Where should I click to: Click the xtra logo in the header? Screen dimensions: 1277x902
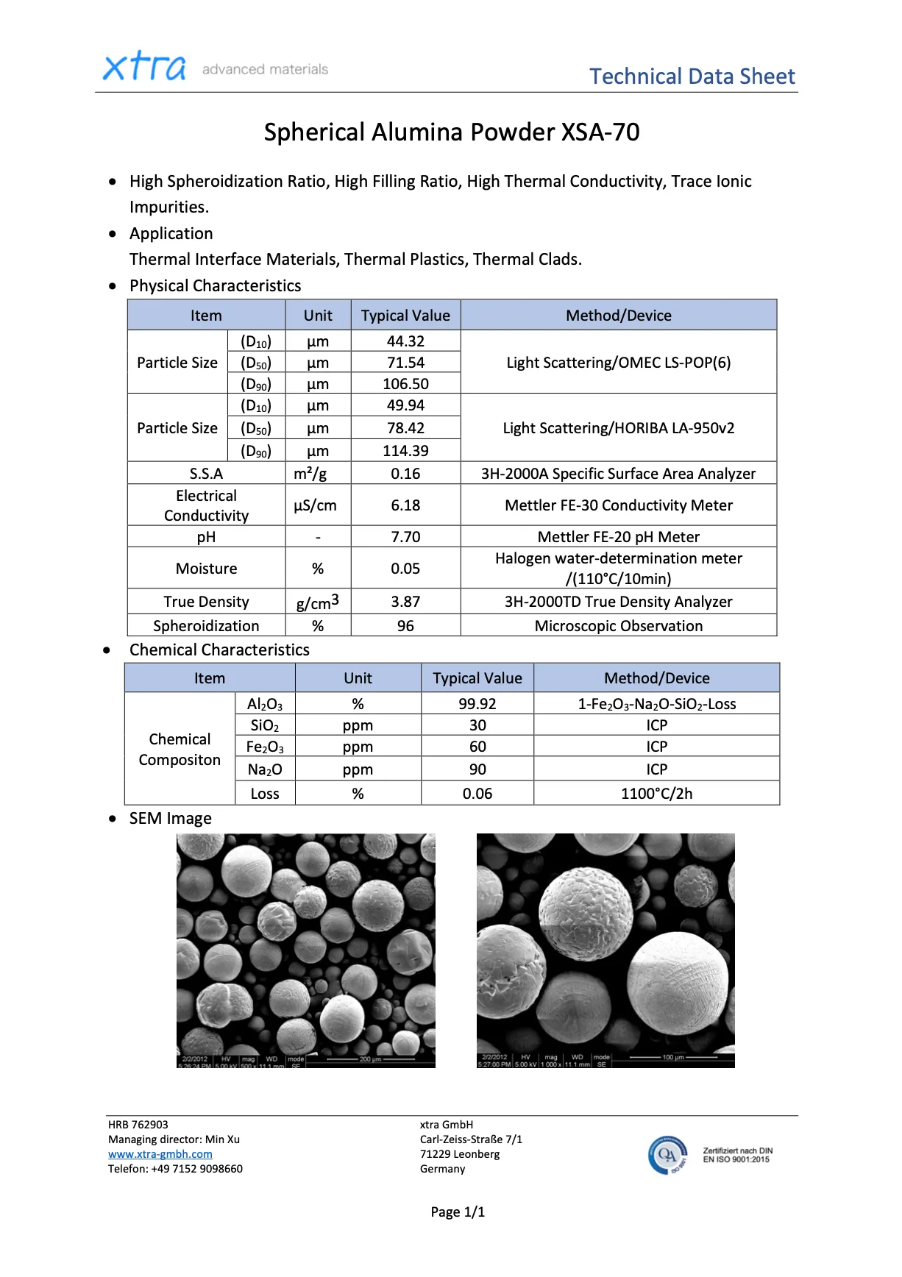144,67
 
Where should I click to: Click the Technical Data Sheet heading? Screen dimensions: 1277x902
692,77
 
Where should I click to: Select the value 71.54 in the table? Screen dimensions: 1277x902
405,363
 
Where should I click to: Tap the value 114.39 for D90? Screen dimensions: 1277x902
405,451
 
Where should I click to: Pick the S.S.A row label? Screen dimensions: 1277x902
206,474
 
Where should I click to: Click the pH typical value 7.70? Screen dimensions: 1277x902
405,537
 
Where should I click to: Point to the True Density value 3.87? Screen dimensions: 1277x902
405,602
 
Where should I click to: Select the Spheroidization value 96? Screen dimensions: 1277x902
405,626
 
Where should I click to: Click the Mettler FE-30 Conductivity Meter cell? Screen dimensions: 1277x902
618,505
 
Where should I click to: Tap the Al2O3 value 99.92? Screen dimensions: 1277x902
477,704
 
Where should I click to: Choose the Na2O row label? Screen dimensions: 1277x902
265,770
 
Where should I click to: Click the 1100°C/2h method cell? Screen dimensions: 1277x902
656,794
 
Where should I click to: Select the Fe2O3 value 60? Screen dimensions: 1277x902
477,747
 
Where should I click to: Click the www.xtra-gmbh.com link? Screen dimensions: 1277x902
160,1154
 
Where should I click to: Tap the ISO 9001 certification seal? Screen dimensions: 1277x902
668,1155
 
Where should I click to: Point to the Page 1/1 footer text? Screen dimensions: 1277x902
458,1212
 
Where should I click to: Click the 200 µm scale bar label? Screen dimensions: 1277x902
370,1059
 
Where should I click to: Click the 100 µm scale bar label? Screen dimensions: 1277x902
672,1057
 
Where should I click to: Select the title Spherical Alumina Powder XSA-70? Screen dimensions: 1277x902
451,132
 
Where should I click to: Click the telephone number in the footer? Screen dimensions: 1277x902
196,1169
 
